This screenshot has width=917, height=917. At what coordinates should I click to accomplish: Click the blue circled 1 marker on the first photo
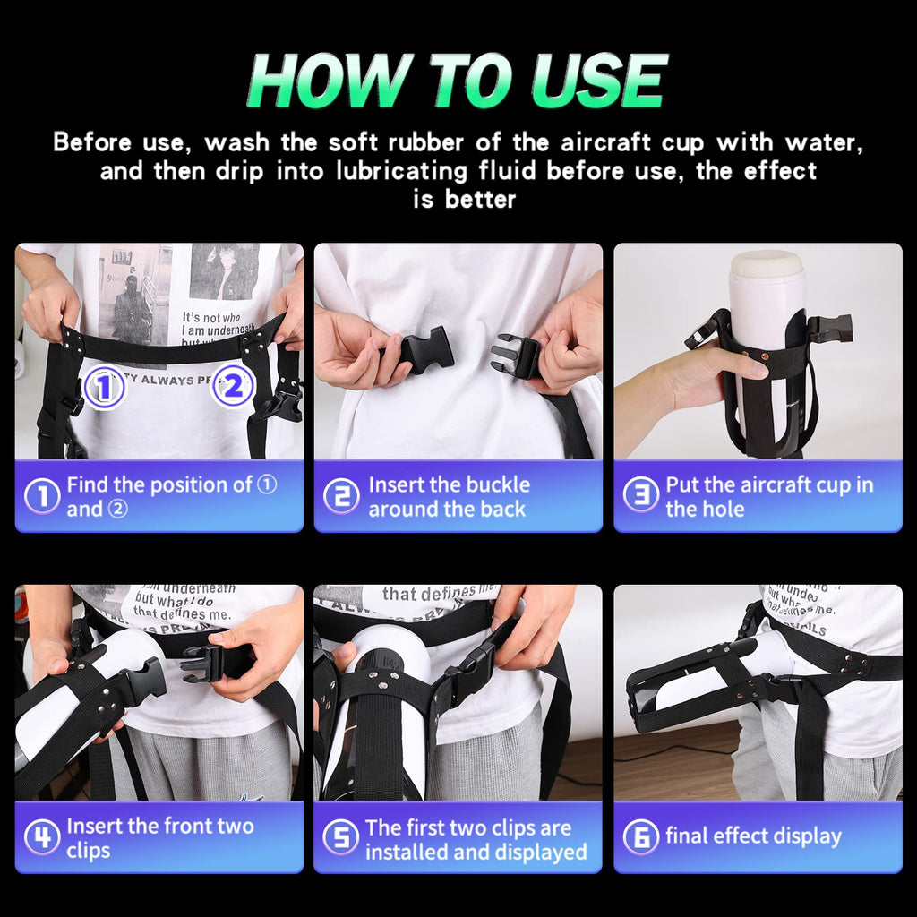104,388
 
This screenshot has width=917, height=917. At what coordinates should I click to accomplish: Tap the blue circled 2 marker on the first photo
233,387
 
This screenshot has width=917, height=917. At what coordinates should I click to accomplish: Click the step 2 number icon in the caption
340,496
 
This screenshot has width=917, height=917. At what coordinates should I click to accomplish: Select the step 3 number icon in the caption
640,496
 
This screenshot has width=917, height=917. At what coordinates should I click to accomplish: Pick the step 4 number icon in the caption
41,837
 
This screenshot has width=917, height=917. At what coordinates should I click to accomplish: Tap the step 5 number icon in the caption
340,837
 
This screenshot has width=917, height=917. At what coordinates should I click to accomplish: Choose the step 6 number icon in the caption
640,837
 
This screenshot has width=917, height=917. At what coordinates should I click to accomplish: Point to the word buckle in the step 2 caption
500,485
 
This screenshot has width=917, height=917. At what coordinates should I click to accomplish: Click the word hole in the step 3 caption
724,509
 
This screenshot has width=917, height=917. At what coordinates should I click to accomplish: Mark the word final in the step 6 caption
687,837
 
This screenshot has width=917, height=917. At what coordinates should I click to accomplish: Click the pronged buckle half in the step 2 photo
516,356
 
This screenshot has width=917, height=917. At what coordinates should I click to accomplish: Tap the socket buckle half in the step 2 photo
424,350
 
